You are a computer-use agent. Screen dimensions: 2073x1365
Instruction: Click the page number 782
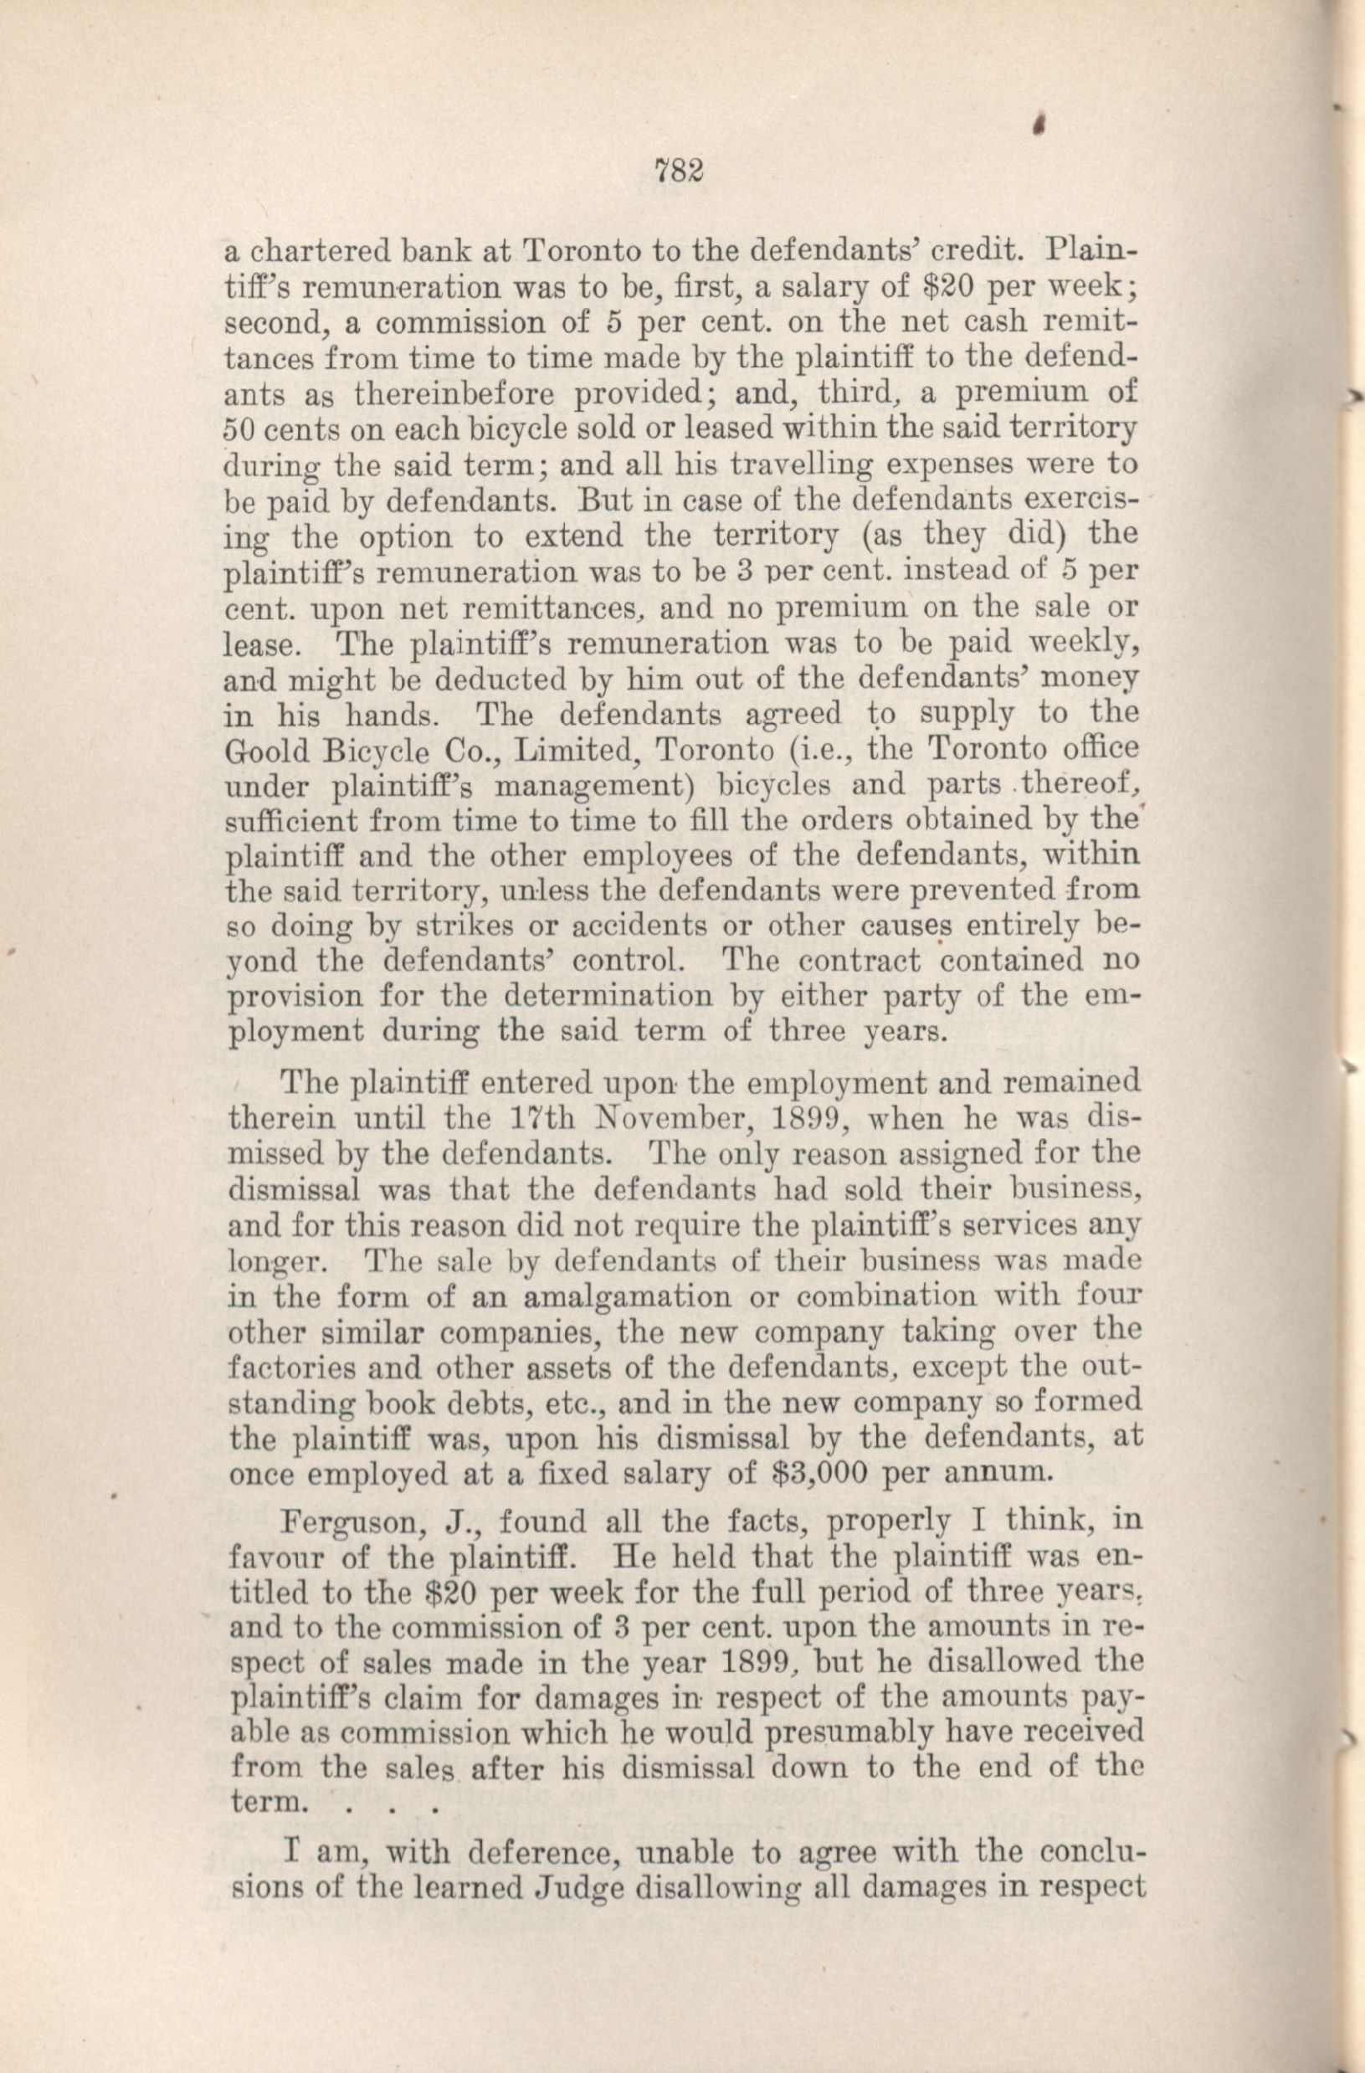tap(676, 171)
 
